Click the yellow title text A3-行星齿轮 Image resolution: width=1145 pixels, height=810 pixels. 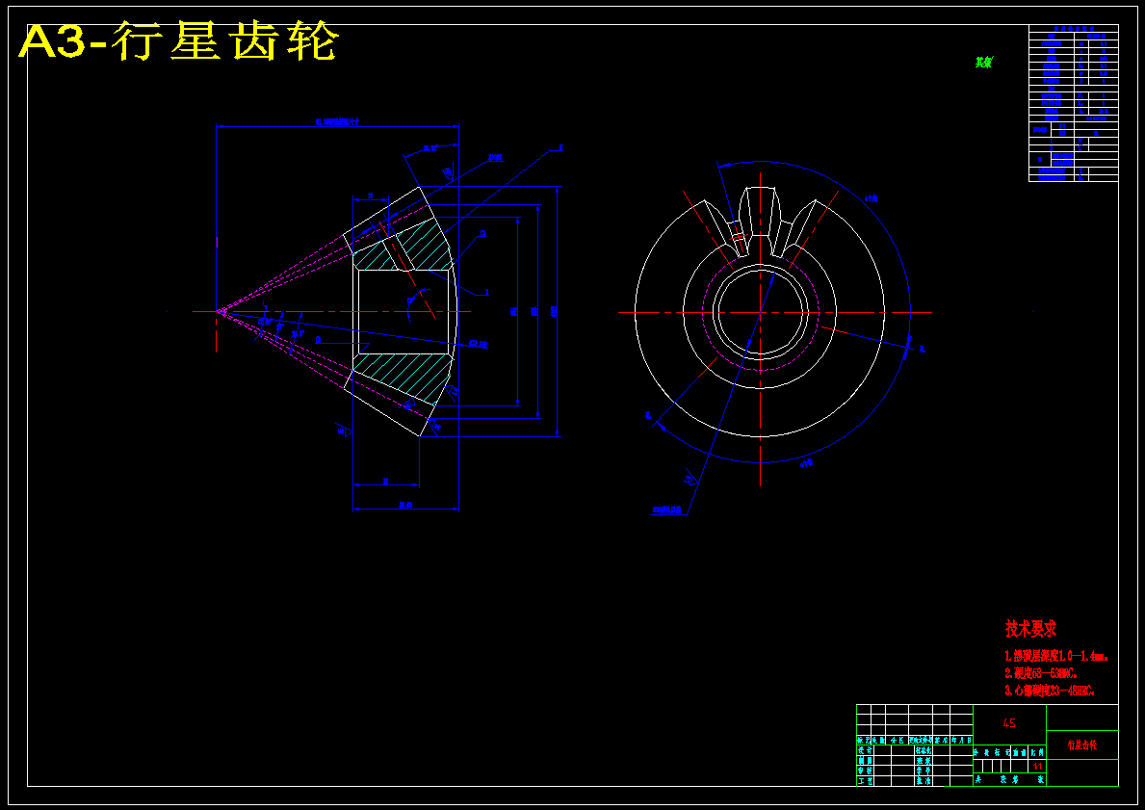pos(179,43)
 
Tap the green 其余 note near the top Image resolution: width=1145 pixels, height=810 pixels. pos(983,63)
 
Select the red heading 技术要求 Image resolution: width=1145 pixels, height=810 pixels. pos(1031,629)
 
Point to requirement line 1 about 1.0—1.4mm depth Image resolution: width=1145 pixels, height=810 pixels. pos(1055,656)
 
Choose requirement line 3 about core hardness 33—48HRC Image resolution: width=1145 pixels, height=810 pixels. pos(1049,691)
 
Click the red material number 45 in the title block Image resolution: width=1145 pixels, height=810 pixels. pos(1009,722)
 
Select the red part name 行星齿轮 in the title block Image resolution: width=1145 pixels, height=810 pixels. pos(1081,745)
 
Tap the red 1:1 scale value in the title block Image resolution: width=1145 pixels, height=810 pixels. pos(1038,766)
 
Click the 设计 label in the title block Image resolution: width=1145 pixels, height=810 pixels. pos(865,750)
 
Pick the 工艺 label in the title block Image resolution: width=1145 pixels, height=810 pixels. pos(865,781)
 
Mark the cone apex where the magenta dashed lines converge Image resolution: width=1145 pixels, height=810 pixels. pos(218,311)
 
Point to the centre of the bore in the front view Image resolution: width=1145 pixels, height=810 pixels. pos(760,312)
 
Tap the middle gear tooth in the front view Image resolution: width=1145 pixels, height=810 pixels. pos(760,217)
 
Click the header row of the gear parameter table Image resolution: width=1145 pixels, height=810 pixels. pos(1073,31)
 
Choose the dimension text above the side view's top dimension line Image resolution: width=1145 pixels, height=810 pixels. pos(336,121)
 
